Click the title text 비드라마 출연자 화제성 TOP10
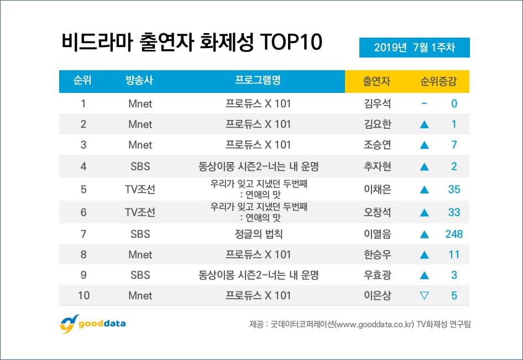click(192, 44)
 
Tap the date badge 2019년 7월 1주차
click(414, 48)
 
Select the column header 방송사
click(140, 81)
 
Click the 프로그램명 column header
click(258, 81)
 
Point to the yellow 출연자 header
click(376, 81)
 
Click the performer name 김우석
click(376, 103)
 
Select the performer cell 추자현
click(376, 166)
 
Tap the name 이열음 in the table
click(376, 234)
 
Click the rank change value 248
click(454, 234)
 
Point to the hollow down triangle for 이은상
click(425, 296)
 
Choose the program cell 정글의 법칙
click(258, 234)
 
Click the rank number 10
click(83, 296)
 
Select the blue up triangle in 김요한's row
click(425, 124)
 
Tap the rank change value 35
click(454, 190)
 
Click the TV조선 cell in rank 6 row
click(140, 212)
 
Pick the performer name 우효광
click(376, 275)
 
